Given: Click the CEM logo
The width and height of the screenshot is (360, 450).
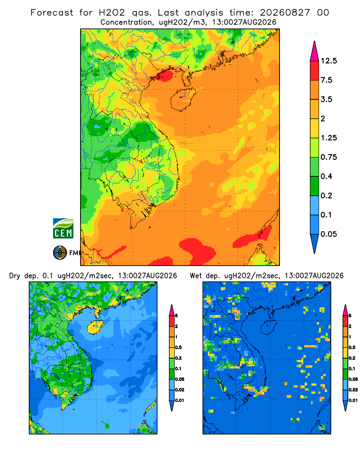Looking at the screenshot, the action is pyautogui.click(x=63, y=229).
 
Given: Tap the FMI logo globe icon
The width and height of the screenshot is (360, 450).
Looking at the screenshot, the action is pyautogui.click(x=60, y=253).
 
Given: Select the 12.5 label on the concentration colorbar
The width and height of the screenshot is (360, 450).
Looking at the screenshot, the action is pyautogui.click(x=329, y=61).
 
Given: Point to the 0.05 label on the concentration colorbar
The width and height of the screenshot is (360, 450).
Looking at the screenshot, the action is pyautogui.click(x=328, y=234).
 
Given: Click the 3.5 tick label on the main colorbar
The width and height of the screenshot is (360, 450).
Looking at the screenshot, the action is pyautogui.click(x=326, y=99).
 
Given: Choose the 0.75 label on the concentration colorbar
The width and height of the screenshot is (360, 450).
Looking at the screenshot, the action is pyautogui.click(x=328, y=157).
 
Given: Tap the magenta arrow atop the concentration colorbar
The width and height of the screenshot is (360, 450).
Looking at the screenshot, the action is pyautogui.click(x=315, y=51).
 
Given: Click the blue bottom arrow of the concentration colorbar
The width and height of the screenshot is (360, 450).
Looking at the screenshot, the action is pyautogui.click(x=315, y=243).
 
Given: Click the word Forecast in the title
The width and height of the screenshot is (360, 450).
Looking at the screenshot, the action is pyautogui.click(x=52, y=13).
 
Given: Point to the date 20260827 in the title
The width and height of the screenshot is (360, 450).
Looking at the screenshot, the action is pyautogui.click(x=285, y=13).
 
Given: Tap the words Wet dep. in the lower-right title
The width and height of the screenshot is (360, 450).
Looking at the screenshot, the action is pyautogui.click(x=205, y=276).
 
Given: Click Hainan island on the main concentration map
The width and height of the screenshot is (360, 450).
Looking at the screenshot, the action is pyautogui.click(x=183, y=99).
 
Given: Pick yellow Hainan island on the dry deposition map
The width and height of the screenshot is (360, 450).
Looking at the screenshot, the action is pyautogui.click(x=95, y=327).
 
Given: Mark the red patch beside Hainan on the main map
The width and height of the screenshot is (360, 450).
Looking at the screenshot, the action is pyautogui.click(x=162, y=76).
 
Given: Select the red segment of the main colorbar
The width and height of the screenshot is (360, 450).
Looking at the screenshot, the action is pyautogui.click(x=315, y=71).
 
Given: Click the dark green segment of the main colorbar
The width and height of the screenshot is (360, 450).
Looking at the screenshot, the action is pyautogui.click(x=315, y=186).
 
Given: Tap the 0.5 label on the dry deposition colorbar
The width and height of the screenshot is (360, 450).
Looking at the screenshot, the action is pyautogui.click(x=178, y=347).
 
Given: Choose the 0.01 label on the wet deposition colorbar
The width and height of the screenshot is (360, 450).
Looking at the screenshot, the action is pyautogui.click(x=353, y=400).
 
